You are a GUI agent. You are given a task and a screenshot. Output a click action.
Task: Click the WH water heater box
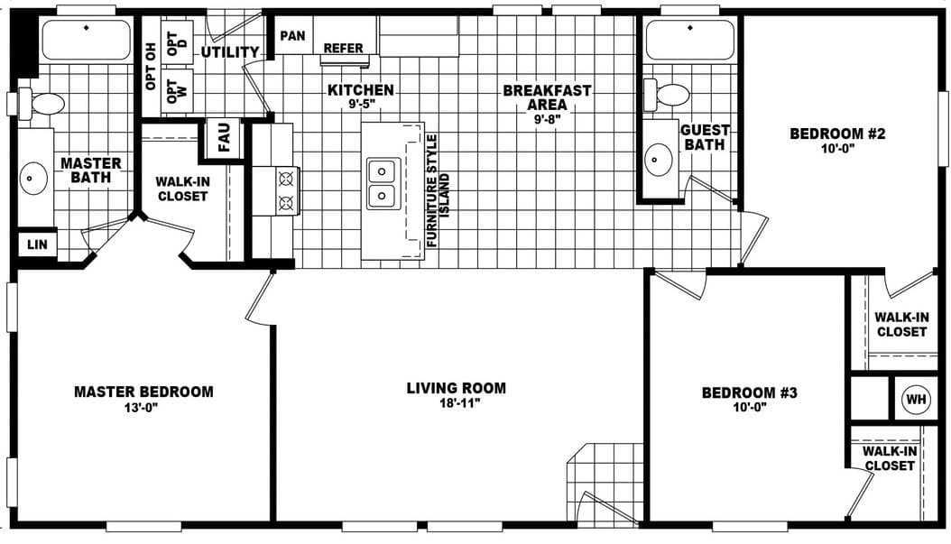pyautogui.click(x=916, y=399)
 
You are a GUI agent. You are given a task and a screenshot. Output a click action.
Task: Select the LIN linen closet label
pyautogui.click(x=37, y=244)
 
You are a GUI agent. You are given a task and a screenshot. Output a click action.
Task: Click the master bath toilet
pyautogui.click(x=42, y=103)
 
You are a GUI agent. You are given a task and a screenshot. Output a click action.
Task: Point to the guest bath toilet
pyautogui.click(x=667, y=94)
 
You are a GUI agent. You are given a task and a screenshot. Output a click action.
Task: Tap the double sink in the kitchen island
pyautogui.click(x=383, y=182)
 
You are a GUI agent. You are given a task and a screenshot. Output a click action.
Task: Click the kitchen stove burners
pyautogui.click(x=287, y=190)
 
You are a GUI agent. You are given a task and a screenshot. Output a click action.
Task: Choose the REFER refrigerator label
pyautogui.click(x=343, y=49)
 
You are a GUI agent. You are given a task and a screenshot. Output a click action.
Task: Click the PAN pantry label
pyautogui.click(x=292, y=36)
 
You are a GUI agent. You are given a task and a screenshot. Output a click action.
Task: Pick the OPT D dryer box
pyautogui.click(x=176, y=41)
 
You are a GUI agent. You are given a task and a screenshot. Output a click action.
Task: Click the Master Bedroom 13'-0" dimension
pyautogui.click(x=143, y=407)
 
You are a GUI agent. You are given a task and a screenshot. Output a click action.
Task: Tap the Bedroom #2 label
pyautogui.click(x=837, y=134)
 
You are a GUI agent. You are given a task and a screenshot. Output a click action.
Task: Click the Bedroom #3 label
pyautogui.click(x=749, y=392)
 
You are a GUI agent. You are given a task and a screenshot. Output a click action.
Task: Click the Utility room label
pyautogui.click(x=229, y=52)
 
